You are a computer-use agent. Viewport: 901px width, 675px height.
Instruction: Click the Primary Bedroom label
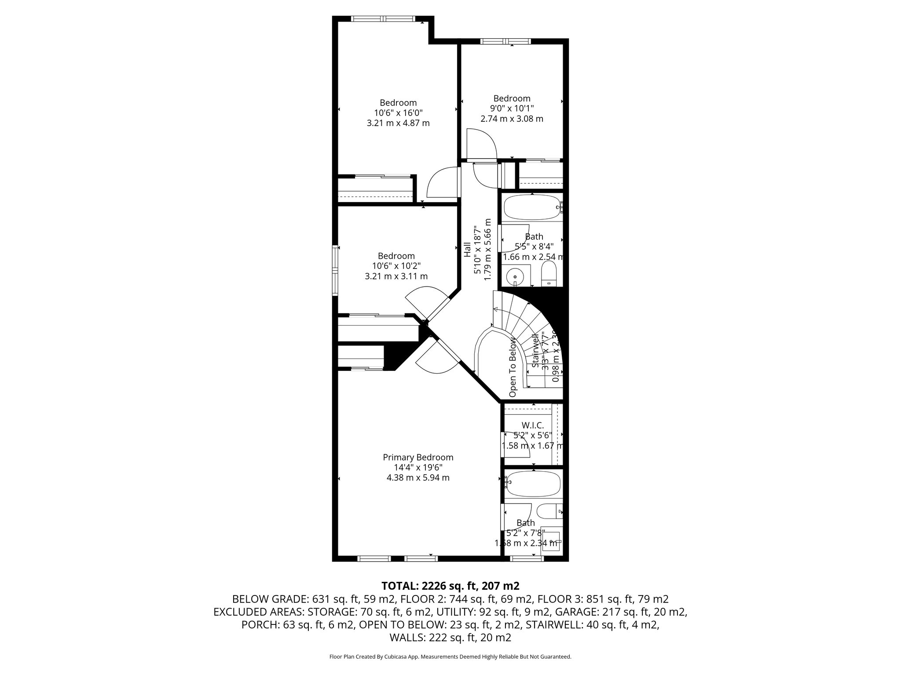[x=418, y=457]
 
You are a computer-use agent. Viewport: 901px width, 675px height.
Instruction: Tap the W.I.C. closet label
[x=532, y=425]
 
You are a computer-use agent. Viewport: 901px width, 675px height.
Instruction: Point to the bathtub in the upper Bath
[x=532, y=207]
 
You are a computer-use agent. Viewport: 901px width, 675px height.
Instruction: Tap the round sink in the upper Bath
[x=515, y=276]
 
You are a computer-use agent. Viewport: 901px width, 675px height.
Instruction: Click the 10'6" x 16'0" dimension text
[x=398, y=113]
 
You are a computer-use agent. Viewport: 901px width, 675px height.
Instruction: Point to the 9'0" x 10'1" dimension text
[x=512, y=109]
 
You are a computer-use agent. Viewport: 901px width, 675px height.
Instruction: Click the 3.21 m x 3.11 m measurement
[x=396, y=276]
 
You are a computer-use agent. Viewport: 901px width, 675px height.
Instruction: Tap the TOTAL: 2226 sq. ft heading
[x=450, y=585]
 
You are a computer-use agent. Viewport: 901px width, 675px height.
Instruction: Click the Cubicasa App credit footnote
[x=450, y=657]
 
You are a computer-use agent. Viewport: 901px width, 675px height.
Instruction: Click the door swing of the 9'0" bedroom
[x=482, y=143]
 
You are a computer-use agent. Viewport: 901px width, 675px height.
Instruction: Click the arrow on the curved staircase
[x=496, y=310]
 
